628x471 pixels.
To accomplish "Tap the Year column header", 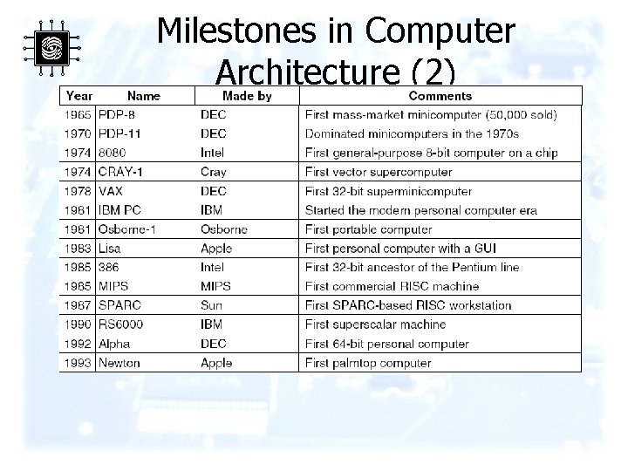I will pyautogui.click(x=79, y=96).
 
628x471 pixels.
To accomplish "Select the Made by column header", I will pyautogui.click(x=247, y=96).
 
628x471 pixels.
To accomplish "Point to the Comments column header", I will pyautogui.click(x=440, y=96).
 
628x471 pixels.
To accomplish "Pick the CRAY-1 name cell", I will pyautogui.click(x=121, y=172).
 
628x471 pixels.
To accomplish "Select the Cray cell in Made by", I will pyautogui.click(x=213, y=172).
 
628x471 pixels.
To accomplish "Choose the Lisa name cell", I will pyautogui.click(x=111, y=249).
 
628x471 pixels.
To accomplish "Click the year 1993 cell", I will pyautogui.click(x=78, y=363).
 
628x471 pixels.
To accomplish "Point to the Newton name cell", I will pyautogui.click(x=119, y=363).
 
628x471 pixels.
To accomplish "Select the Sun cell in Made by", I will pyautogui.click(x=211, y=305).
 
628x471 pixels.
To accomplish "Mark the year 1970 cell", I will pyautogui.click(x=78, y=133).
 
